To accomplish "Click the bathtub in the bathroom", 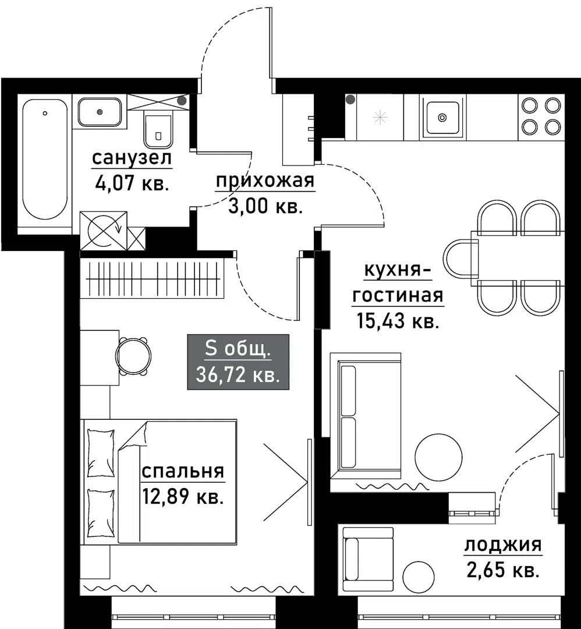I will (x=45, y=158).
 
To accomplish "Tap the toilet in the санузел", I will (x=158, y=130).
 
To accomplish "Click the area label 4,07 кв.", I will (x=132, y=185).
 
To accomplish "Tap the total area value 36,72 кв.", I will (x=238, y=374).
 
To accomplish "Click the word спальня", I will (x=183, y=471).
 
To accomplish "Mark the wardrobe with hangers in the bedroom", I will (x=153, y=278).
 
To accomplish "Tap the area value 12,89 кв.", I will (x=183, y=497).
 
